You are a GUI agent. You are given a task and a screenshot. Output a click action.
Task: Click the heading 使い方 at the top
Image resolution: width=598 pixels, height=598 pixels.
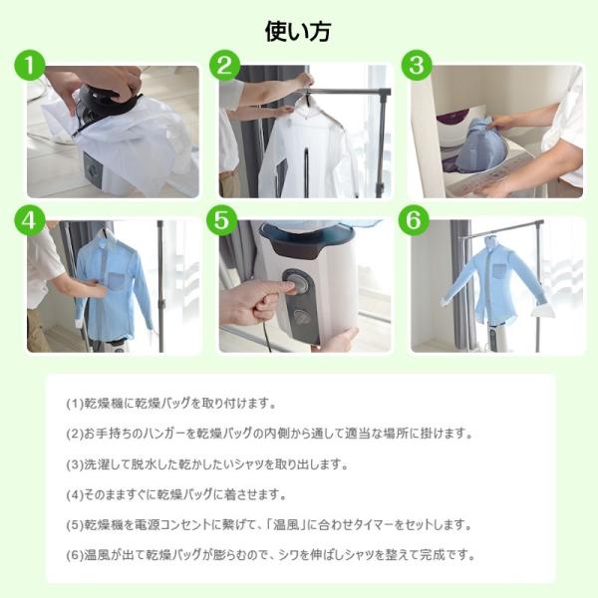click(298, 31)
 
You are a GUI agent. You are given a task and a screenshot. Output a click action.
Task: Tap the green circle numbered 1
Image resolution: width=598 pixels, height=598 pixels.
click(30, 65)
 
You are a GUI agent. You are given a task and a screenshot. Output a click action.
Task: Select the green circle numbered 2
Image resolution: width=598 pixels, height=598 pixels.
click(225, 65)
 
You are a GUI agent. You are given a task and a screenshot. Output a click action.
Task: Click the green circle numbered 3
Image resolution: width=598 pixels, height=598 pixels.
click(417, 65)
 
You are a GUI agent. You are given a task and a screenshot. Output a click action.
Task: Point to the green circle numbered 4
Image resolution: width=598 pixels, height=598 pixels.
click(30, 220)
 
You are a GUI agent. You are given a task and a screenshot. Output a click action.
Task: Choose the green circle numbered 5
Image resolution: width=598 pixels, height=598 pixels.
click(221, 220)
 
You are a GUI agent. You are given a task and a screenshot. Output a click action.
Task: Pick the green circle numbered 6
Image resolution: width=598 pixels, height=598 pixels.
click(414, 220)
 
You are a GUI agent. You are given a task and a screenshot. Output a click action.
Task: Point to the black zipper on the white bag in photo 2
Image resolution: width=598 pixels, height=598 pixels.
click(306, 172)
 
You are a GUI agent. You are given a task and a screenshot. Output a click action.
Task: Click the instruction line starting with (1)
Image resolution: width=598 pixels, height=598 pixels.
click(170, 404)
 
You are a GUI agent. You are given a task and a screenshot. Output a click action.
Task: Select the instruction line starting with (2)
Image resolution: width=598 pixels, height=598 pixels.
click(269, 434)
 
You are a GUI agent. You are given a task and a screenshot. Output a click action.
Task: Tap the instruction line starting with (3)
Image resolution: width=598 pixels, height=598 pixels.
click(207, 464)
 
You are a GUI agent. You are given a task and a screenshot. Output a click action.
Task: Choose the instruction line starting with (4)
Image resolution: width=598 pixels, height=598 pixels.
click(175, 494)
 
